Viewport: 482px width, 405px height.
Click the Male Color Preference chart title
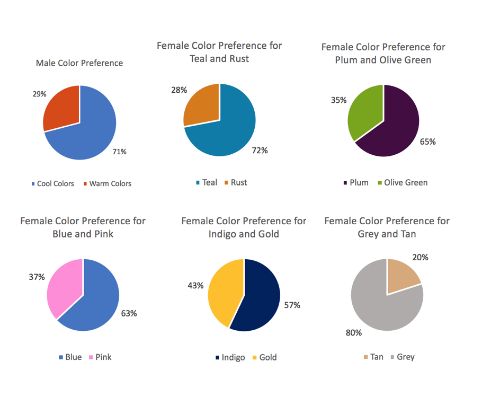coord(79,63)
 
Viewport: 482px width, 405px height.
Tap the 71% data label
coord(119,152)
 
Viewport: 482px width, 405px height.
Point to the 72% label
coord(260,151)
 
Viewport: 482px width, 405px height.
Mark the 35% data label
coord(339,100)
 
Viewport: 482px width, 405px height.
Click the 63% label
coord(129,313)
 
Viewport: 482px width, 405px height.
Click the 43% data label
coord(195,286)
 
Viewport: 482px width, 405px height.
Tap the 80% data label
coord(354,333)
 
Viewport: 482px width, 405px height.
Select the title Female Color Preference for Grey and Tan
coord(387,227)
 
